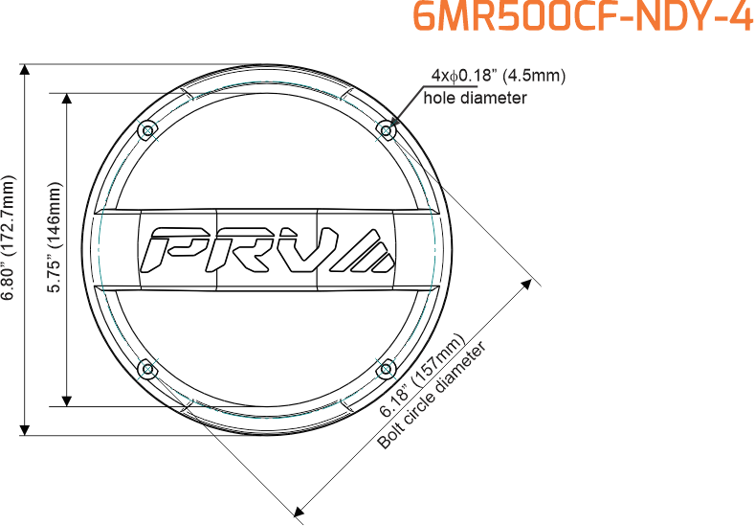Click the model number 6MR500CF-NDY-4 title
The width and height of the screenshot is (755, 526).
(584, 18)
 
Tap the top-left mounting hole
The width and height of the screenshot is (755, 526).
(147, 130)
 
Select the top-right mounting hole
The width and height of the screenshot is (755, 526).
(386, 130)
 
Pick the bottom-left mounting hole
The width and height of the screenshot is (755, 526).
(147, 369)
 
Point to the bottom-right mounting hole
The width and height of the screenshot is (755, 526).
(386, 369)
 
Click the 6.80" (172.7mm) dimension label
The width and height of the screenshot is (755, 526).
(9, 238)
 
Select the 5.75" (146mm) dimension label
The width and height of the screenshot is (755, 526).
(55, 238)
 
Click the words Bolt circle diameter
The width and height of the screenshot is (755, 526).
(432, 396)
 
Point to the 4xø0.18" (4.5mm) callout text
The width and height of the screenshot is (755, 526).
(499, 76)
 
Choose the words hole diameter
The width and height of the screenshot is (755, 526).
(476, 98)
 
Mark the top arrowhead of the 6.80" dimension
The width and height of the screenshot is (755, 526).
(25, 69)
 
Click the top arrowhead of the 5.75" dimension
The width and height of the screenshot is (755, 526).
(67, 99)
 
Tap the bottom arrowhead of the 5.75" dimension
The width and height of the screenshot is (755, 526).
(67, 400)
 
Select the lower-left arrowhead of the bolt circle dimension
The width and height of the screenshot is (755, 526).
(299, 511)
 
